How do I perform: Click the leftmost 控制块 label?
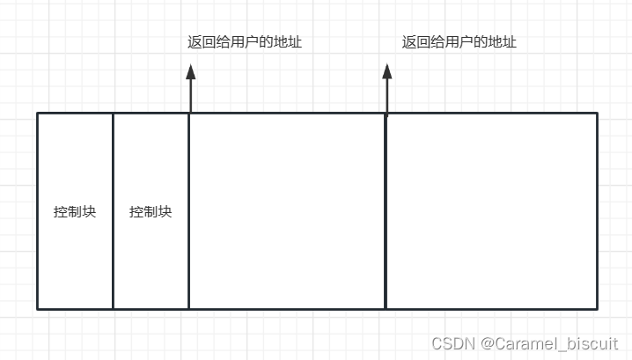pos(75,212)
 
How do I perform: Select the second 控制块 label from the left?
pos(151,212)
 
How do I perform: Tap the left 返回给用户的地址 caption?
pos(245,41)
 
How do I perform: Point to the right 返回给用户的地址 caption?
pos(459,41)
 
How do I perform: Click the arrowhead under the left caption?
pos(190,71)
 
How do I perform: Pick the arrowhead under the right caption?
pos(386,71)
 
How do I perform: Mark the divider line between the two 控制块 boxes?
pos(113,211)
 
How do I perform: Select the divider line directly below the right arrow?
pos(386,211)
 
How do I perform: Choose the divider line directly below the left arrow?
pos(189,211)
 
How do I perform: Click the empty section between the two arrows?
pos(288,211)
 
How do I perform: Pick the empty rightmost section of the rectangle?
pos(491,211)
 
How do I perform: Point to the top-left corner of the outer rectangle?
pos(37,113)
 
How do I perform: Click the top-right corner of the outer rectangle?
pos(597,113)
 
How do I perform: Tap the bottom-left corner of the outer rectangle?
pos(37,309)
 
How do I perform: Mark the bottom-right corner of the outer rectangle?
pos(597,309)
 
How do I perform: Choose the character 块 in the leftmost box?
pos(89,212)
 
